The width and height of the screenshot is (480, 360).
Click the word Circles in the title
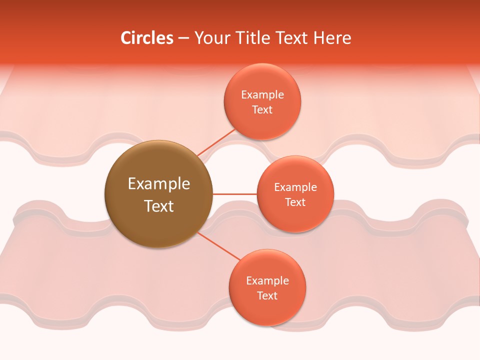[x=146, y=38]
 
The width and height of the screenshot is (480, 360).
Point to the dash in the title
[x=183, y=38]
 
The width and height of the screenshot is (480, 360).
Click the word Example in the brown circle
[x=158, y=183]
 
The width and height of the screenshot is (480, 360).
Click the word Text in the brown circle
[x=158, y=206]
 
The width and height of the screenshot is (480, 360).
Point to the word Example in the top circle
[x=262, y=94]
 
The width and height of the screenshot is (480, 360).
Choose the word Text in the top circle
[x=262, y=109]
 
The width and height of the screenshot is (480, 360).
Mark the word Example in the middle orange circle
[x=295, y=187]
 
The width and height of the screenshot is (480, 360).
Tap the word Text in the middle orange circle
[x=295, y=202]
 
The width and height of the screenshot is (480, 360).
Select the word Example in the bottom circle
[x=267, y=280]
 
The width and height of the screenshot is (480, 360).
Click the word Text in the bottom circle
[x=267, y=295]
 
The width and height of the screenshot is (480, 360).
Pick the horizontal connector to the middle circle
[x=234, y=193]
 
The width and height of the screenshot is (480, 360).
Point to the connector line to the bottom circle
[x=219, y=245]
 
